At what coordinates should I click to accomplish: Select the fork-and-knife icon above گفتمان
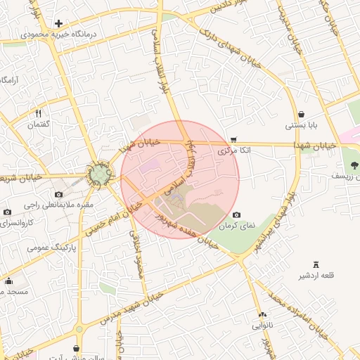coord(39,113)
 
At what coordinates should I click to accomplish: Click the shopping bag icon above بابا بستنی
coord(302,114)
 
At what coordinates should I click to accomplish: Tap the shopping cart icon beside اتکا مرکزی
coord(233,139)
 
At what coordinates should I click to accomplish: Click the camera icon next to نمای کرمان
coord(236,214)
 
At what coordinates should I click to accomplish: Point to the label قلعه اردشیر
coord(316,275)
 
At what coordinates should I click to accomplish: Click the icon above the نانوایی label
coord(262,315)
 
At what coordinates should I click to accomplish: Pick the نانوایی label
coord(262,326)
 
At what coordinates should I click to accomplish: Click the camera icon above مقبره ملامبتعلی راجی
coord(58,194)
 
